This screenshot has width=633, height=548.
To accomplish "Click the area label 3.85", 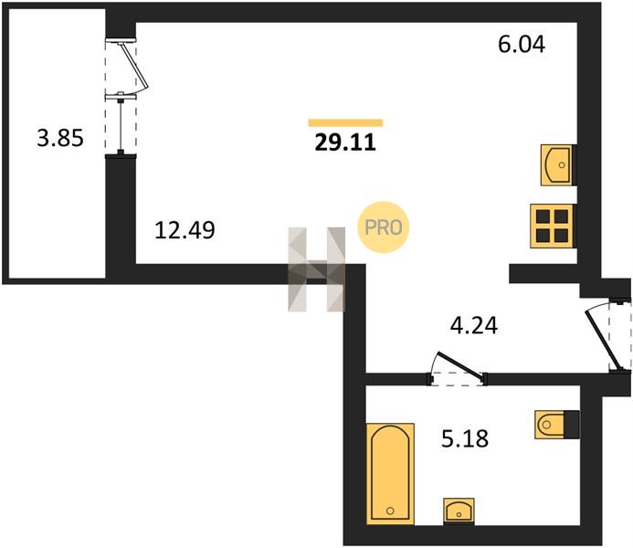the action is pyautogui.click(x=60, y=138).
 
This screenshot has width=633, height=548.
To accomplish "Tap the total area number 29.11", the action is pyautogui.click(x=345, y=142).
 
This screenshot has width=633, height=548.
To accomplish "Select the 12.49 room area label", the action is pyautogui.click(x=185, y=230).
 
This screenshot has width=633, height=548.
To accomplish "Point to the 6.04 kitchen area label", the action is pyautogui.click(x=522, y=44).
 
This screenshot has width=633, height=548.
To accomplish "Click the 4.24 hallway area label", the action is pyautogui.click(x=474, y=325).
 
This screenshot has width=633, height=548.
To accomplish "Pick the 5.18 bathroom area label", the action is pyautogui.click(x=465, y=438).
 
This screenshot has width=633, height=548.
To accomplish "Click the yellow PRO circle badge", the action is pyautogui.click(x=384, y=227).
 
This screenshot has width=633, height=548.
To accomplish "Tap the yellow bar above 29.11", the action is pyautogui.click(x=345, y=122).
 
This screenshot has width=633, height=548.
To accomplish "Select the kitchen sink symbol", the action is pyautogui.click(x=557, y=165).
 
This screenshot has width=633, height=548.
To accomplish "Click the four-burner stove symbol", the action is pyautogui.click(x=552, y=226).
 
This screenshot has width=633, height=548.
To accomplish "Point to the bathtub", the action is pyautogui.click(x=390, y=474).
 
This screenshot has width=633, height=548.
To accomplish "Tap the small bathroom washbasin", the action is pyautogui.click(x=459, y=511).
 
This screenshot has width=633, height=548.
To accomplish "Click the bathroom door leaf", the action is pyautogui.click(x=460, y=366).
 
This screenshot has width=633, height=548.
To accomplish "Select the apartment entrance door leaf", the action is pyautogui.click(x=603, y=340).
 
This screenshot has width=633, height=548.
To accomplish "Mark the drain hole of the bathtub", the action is pyautogui.click(x=390, y=511).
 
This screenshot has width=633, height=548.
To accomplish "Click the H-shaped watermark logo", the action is pyautogui.click(x=316, y=269).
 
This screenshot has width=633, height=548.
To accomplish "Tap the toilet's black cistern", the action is pyautogui.click(x=572, y=425).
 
